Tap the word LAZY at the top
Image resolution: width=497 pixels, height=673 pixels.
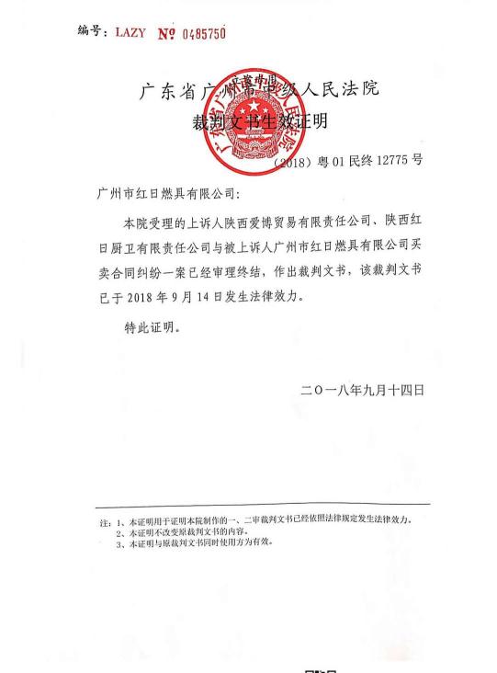pyautogui.click(x=130, y=32)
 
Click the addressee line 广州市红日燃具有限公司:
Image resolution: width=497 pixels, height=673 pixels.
pyautogui.click(x=165, y=196)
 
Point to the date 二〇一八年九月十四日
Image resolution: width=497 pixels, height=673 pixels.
pyautogui.click(x=362, y=390)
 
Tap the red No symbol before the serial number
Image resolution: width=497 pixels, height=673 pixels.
pyautogui.click(x=165, y=33)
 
